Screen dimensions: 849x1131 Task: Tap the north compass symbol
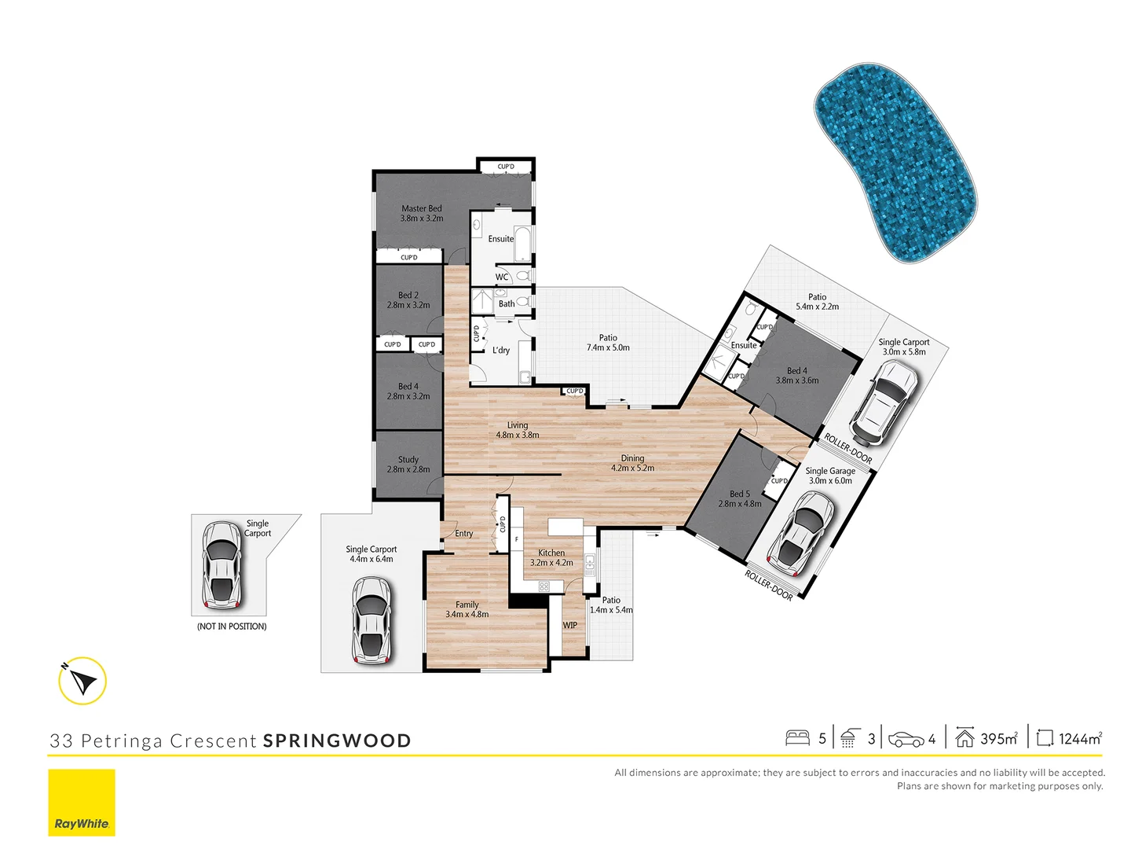click(82, 680)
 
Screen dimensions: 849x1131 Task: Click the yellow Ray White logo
click(82, 802)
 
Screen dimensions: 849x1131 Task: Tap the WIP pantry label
click(570, 626)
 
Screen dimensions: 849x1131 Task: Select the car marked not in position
click(221, 564)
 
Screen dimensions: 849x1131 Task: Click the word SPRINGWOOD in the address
click(337, 741)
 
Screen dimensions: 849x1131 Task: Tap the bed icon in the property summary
click(797, 738)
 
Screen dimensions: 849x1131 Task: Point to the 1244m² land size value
click(1080, 738)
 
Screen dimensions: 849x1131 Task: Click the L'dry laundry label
click(501, 351)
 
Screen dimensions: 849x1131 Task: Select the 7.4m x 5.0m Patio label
click(608, 343)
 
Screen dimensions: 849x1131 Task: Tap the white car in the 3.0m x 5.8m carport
click(886, 401)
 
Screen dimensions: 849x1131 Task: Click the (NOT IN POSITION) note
click(232, 627)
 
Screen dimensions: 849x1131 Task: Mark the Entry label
click(464, 534)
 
